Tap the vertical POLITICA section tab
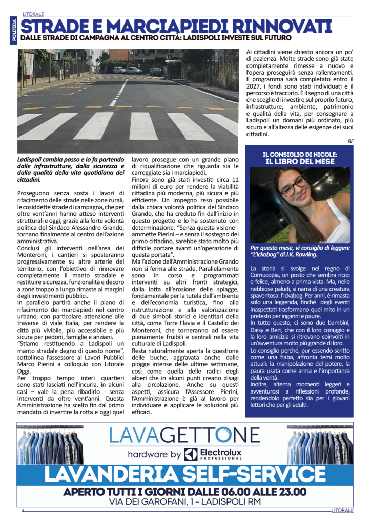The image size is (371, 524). pyautogui.click(x=14, y=29)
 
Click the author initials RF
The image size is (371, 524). pyautogui.click(x=350, y=141)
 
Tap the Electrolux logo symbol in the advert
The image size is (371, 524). pyautogui.click(x=191, y=453)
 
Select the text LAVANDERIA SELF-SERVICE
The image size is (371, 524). pyautogui.click(x=184, y=474)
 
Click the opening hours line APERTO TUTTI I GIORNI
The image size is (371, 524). pyautogui.click(x=184, y=491)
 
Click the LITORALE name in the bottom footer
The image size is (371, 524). pyautogui.click(x=342, y=511)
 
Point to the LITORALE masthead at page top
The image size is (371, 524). pyautogui.click(x=33, y=14)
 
